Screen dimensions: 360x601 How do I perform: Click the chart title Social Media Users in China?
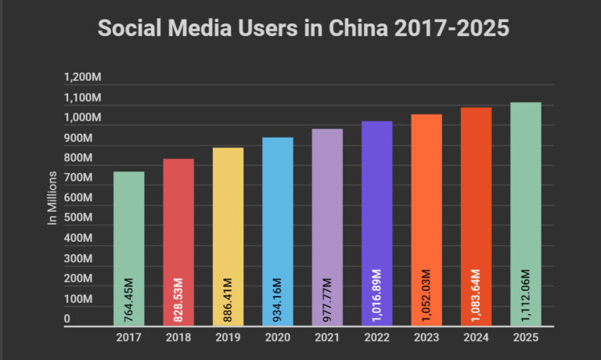303,28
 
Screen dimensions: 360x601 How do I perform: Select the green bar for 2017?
128,235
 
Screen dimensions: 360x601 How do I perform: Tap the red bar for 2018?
178,227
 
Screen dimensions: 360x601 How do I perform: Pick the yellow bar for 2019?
228,219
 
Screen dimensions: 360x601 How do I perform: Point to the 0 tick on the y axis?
67,319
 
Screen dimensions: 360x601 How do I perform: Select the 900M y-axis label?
78,138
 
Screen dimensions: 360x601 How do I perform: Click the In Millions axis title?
53,198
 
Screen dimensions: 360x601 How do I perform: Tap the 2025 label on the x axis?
526,337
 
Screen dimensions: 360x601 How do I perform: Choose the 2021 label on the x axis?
327,337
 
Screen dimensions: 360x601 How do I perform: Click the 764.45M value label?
128,299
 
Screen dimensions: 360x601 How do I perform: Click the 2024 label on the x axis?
476,337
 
